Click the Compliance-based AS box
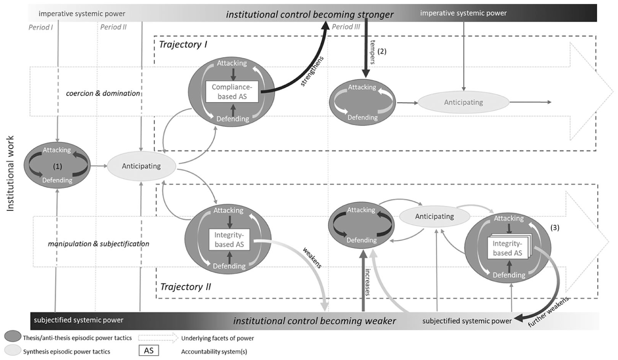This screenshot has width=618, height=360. (x=232, y=92)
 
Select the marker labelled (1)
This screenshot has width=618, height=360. (x=57, y=166)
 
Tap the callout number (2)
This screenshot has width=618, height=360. (x=382, y=51)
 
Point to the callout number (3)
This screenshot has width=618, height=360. (x=555, y=228)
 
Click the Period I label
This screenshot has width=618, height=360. (x=40, y=27)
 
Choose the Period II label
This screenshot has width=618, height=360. (x=113, y=27)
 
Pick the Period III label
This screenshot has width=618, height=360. (x=346, y=27)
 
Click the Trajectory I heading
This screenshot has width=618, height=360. (x=183, y=44)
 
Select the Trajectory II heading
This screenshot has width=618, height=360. (x=185, y=287)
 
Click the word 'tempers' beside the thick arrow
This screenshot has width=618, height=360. (x=373, y=52)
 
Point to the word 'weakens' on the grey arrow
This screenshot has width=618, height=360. (x=312, y=257)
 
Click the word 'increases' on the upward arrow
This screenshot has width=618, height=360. (x=368, y=282)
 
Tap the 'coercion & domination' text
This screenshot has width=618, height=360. (x=103, y=93)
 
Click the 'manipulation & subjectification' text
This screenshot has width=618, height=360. (x=98, y=244)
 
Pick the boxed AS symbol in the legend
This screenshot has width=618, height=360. (x=149, y=350)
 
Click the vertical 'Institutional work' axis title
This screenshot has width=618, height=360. (x=10, y=174)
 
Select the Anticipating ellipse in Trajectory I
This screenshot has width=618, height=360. (x=463, y=103)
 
